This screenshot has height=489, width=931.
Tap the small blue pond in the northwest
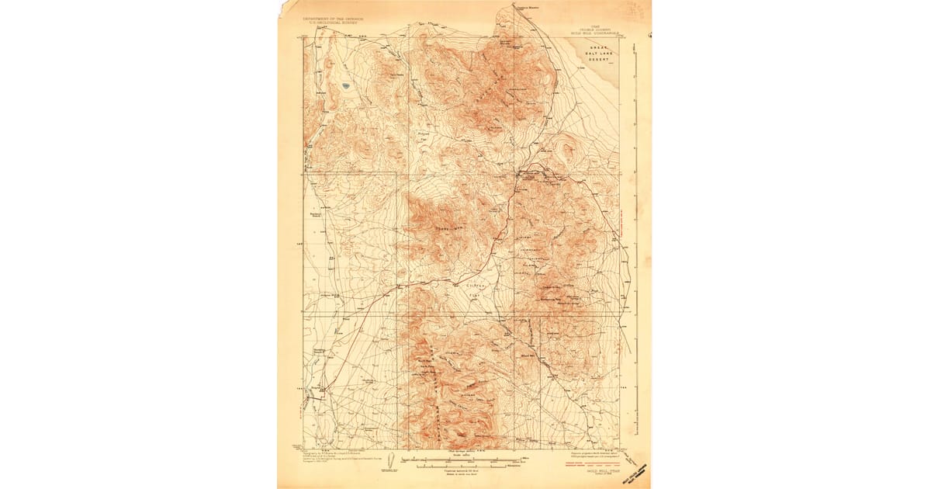[344, 85]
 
